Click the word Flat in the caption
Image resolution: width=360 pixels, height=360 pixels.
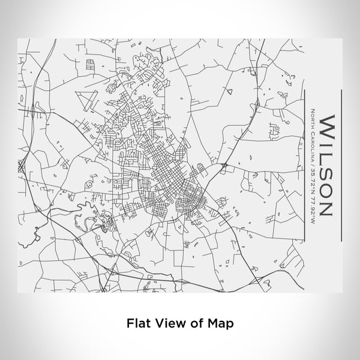click(x=138, y=323)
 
